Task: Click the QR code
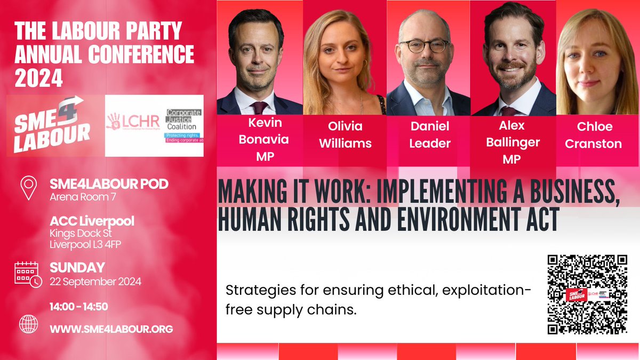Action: (x=587, y=294)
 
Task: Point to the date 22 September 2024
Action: (x=95, y=282)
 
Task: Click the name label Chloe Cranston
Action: (x=594, y=135)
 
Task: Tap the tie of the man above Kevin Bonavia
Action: (x=260, y=107)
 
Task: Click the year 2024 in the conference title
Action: (x=38, y=79)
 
